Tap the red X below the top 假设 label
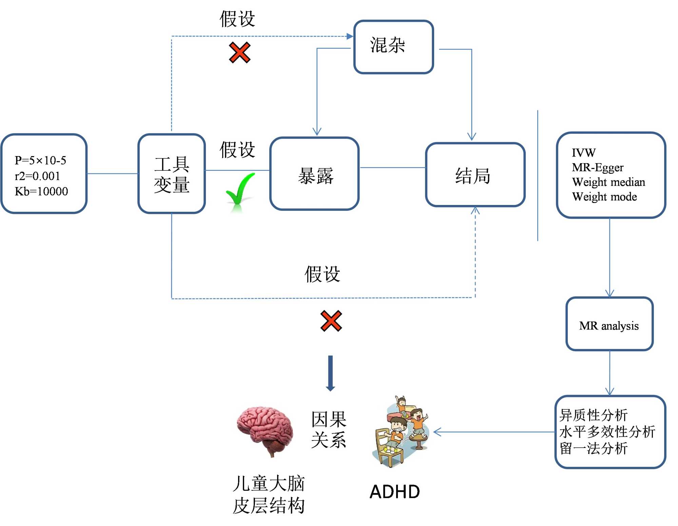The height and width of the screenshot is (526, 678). click(240, 53)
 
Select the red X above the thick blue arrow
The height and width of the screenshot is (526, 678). click(331, 321)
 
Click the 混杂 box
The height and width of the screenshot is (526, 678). click(393, 46)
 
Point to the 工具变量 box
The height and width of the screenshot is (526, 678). click(172, 174)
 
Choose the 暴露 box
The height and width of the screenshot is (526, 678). click(314, 174)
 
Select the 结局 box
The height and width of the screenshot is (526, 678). click(475, 175)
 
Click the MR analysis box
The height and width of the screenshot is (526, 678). click(609, 324)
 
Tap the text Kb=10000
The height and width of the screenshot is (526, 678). click(41, 191)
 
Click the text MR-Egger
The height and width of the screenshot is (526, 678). click(598, 167)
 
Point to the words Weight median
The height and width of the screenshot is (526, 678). click(608, 182)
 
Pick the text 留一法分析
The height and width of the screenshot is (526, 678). click(594, 448)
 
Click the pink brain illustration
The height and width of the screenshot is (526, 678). click(265, 430)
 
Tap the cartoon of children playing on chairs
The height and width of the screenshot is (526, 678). click(401, 432)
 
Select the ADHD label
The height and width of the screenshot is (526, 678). click(395, 492)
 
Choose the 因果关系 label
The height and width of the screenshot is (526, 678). click(329, 430)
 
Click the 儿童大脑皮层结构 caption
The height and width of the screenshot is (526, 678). click(269, 494)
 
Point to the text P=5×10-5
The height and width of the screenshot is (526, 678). click(40, 160)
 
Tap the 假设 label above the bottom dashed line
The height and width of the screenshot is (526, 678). click(322, 274)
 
